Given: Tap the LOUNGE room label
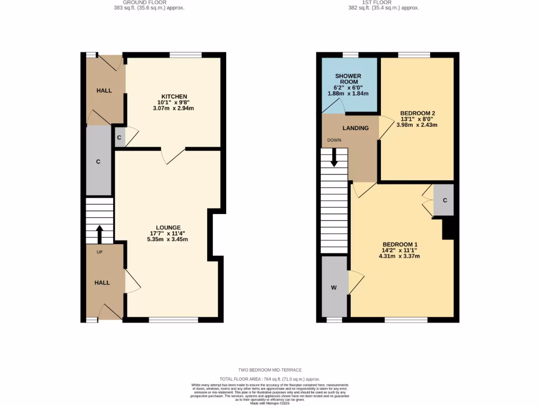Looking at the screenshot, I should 168,227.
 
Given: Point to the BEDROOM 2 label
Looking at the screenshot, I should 417,113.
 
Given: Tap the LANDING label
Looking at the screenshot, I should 356,128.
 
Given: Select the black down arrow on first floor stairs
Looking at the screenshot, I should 333,158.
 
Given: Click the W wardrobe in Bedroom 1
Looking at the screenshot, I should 334,288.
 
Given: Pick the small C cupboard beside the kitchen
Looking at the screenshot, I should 119,137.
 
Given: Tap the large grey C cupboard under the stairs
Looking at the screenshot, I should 98,161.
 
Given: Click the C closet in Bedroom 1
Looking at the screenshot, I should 444,200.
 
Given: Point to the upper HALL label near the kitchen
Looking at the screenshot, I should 104,90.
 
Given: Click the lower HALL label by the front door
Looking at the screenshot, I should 102,283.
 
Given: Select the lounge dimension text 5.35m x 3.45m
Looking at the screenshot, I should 168,239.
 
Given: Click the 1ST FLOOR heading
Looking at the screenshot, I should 376,2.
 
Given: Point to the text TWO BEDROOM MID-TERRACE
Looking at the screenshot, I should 270,370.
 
